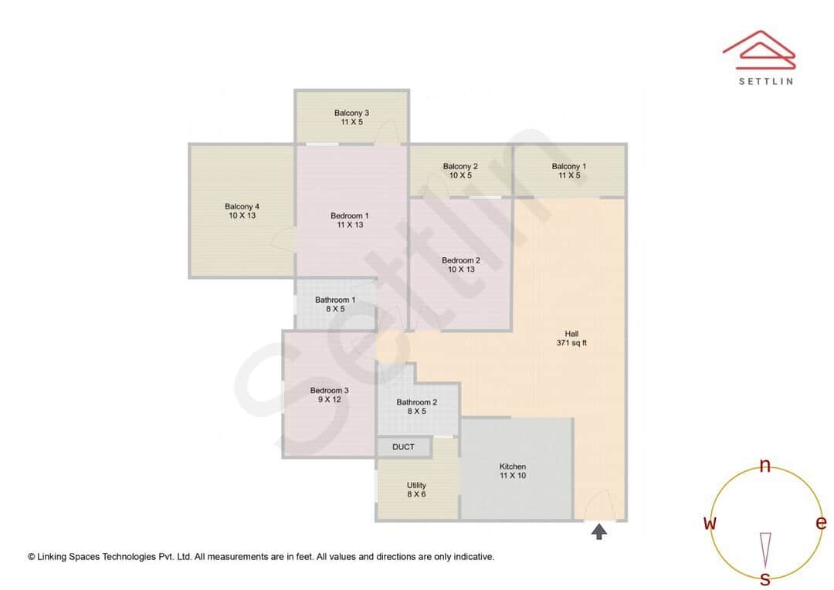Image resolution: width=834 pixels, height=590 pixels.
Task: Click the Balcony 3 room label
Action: coord(351,117)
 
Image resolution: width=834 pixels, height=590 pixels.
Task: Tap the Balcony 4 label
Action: coord(242,211)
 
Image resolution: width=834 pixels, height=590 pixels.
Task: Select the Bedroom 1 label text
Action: coord(349,220)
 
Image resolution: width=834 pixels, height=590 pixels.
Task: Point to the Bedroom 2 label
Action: coord(461,265)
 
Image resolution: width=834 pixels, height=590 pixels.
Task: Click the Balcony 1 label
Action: coord(569,171)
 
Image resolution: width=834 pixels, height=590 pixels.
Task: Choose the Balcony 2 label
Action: coord(460,171)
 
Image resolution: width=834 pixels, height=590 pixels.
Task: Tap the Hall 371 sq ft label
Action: coord(571,338)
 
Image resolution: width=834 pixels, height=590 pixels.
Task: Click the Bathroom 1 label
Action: coord(335,304)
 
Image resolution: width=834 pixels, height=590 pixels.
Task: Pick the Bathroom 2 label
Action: coord(417,406)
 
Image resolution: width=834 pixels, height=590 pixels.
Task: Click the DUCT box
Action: coord(403,447)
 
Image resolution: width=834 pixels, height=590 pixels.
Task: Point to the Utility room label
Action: coord(416,490)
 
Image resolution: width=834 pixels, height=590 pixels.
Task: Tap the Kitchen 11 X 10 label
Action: coord(513,471)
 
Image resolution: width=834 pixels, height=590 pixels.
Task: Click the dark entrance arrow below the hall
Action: coord(599,531)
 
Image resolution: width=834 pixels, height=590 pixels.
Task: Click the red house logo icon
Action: coord(759,48)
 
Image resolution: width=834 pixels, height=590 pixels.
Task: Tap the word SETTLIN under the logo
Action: coord(765,80)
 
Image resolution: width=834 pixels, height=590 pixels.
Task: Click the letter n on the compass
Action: coord(765,465)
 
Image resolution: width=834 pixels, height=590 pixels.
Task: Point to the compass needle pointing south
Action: coord(765,549)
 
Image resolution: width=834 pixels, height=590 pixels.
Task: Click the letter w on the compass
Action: coord(710,523)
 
